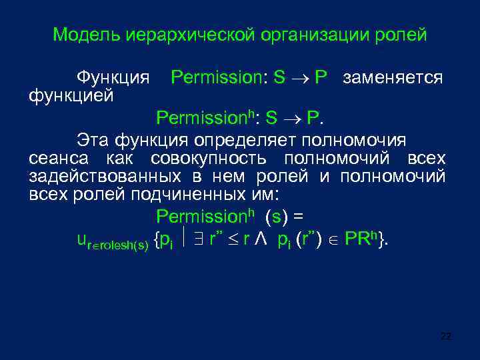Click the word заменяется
tap(393, 78)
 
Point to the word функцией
tap(71, 96)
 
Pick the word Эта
tap(92, 140)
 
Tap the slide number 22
tap(446, 336)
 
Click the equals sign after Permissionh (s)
tap(298, 217)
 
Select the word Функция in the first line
tap(113, 78)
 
